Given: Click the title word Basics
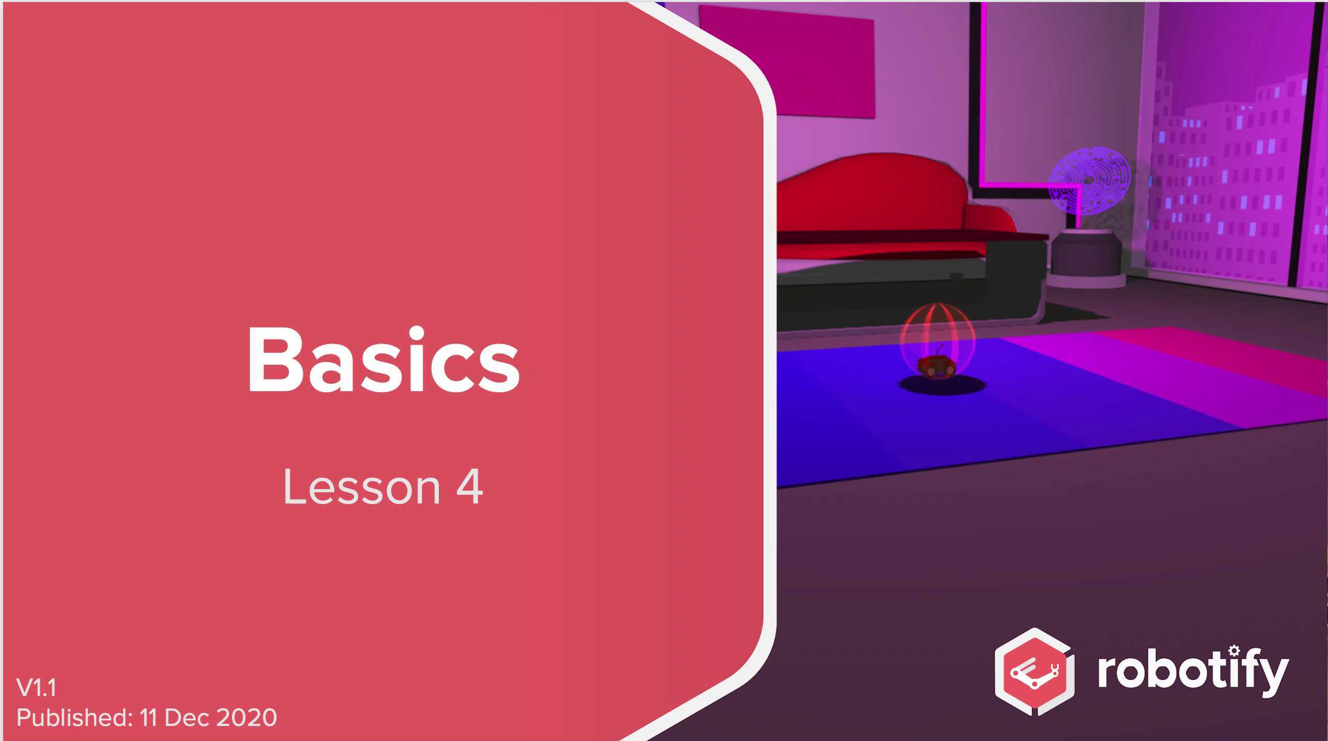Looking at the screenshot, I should coord(383,361).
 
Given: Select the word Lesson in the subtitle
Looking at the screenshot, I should coord(361,487).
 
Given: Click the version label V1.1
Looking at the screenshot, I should coord(36,688).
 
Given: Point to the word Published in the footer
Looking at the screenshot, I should coord(75,718).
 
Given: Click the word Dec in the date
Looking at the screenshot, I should coord(186,718).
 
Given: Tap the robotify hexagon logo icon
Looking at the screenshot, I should coord(1034,672).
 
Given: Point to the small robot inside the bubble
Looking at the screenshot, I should coord(936,365).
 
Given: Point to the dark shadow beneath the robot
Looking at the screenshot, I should coord(942,386).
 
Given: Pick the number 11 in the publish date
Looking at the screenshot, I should coord(148,718).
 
